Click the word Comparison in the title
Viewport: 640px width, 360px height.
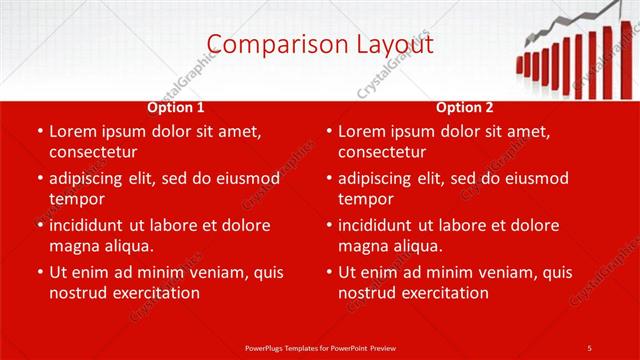[267, 43]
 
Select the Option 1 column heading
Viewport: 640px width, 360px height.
[176, 107]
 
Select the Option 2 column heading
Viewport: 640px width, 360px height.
[465, 107]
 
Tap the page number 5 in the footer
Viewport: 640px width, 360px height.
[589, 347]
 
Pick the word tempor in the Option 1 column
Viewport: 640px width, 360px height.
[76, 199]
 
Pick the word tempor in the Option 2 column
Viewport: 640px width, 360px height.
[365, 199]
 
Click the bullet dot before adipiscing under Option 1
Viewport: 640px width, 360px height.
[39, 179]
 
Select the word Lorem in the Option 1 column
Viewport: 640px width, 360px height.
[73, 131]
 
